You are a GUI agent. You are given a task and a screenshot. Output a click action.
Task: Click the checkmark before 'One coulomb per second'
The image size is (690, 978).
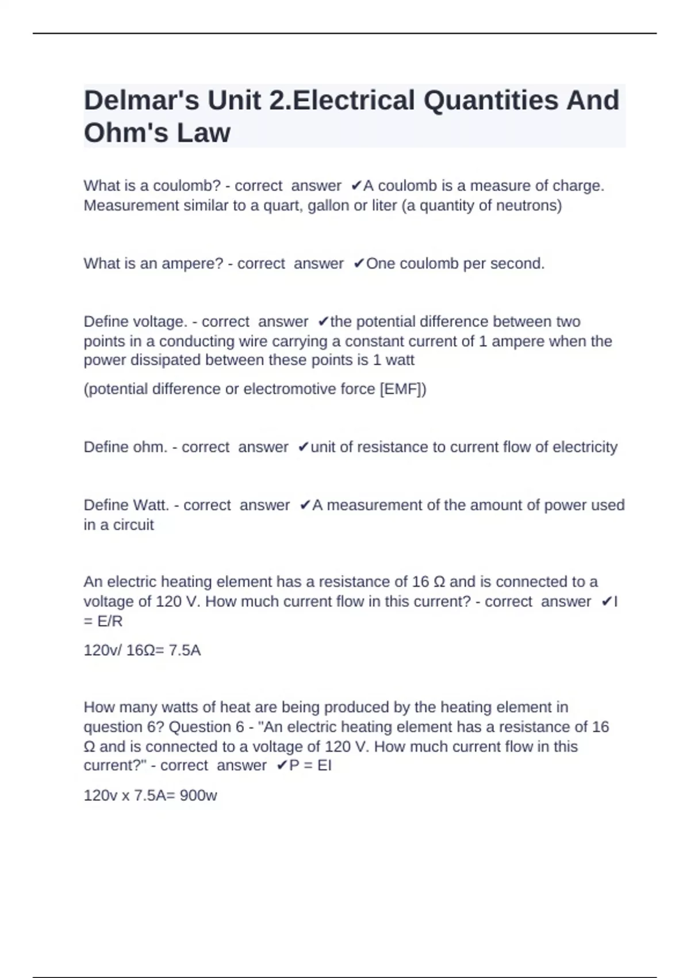point(358,263)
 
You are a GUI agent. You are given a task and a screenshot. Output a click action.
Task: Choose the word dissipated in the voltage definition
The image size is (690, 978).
point(158,360)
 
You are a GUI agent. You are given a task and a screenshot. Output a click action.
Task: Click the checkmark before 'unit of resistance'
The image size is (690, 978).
point(303,447)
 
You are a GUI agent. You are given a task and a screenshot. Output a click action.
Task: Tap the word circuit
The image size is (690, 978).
point(133,525)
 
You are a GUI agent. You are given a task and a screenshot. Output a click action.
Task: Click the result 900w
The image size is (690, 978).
point(198,796)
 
